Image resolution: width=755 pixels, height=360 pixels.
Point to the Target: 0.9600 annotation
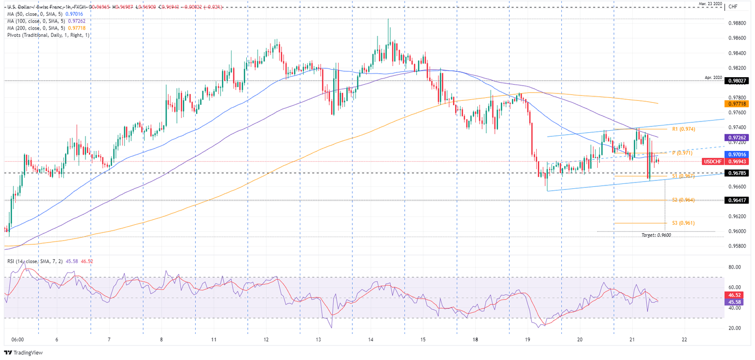656,235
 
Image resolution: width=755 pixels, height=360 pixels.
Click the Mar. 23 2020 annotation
711,4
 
